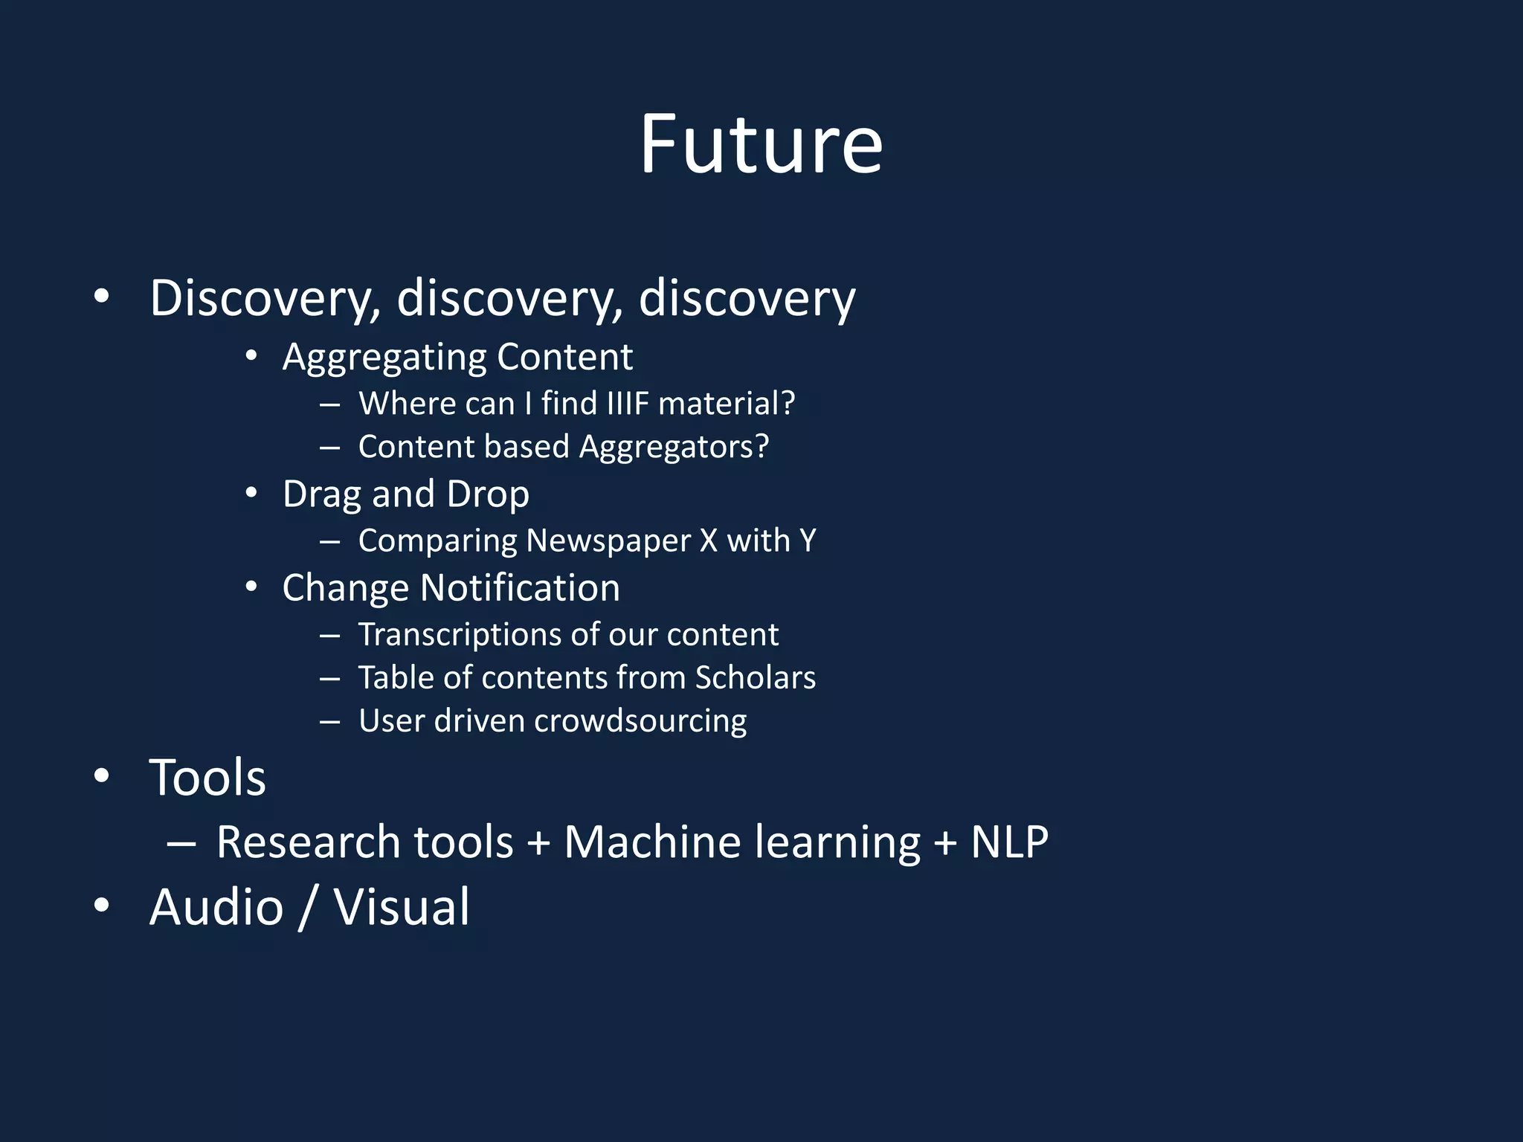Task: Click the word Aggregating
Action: point(384,358)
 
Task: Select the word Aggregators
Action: point(674,448)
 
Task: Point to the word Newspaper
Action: point(608,541)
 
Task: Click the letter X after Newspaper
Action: point(708,541)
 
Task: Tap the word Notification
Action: point(520,588)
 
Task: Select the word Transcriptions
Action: point(460,634)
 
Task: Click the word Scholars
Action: point(755,677)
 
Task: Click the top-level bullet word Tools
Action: point(207,778)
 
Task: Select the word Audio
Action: point(216,907)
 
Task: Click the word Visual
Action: point(401,907)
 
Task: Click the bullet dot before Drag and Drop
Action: point(251,493)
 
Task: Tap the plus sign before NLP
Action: point(945,844)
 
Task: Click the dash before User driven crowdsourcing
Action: point(329,721)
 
